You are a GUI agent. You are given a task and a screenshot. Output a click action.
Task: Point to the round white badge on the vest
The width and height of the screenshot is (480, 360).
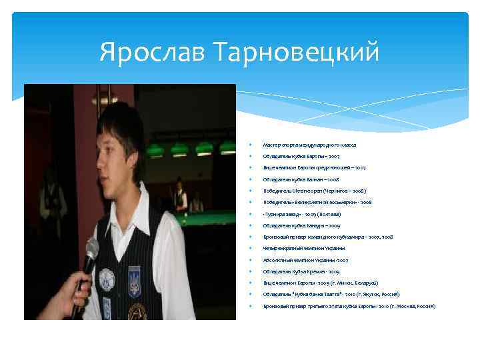pyautogui.click(x=107, y=277)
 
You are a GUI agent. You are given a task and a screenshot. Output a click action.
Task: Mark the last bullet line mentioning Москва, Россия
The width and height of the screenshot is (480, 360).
pyautogui.click(x=349, y=306)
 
